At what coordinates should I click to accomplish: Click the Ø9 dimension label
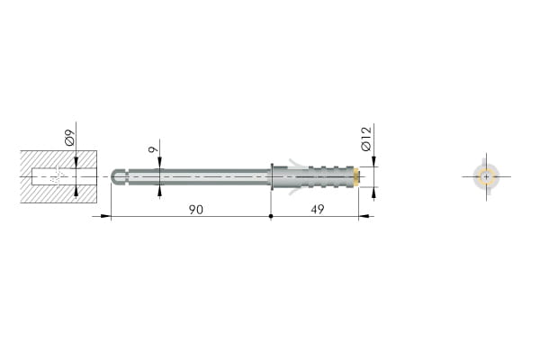(x=69, y=138)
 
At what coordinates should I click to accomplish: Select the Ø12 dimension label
(x=366, y=139)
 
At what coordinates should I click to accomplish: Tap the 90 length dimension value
(x=196, y=210)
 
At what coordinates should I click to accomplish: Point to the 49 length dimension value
(x=317, y=209)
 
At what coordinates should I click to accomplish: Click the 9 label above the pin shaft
(x=154, y=149)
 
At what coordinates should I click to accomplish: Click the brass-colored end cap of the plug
(x=358, y=176)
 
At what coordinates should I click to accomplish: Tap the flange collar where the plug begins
(x=272, y=176)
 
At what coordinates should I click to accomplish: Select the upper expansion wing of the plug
(x=296, y=163)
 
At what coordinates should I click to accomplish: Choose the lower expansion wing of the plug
(x=296, y=190)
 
